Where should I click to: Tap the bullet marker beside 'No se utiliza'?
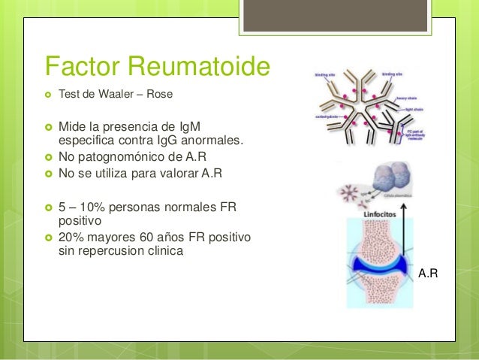(x=50, y=174)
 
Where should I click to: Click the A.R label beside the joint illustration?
(x=428, y=275)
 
